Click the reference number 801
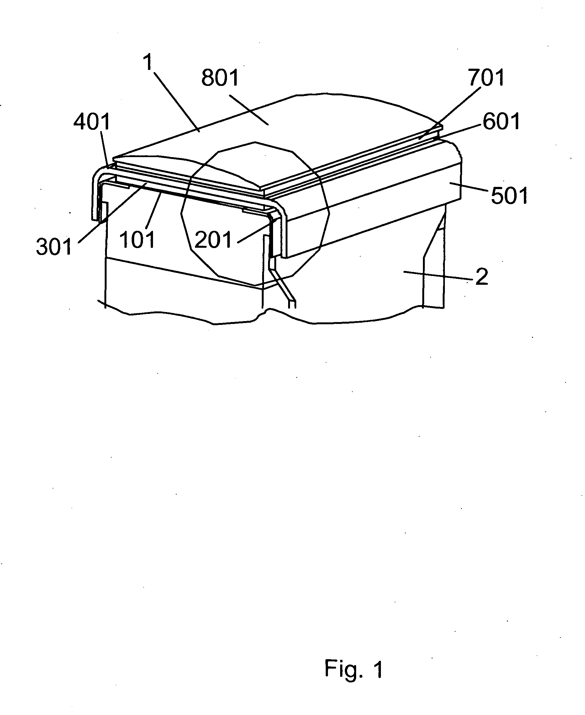(220, 78)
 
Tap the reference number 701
(486, 77)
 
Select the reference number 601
(501, 122)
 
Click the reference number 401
(92, 122)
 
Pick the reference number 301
(54, 247)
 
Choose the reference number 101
(137, 240)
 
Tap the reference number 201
(213, 240)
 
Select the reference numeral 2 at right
(482, 277)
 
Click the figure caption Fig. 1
(354, 669)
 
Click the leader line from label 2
(438, 275)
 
